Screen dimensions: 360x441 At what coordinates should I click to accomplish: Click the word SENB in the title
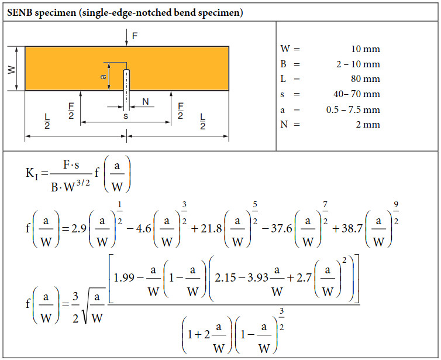pos(22,12)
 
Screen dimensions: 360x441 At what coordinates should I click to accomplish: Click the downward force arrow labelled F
pos(127,37)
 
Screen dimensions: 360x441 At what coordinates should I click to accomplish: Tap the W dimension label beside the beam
pos(11,69)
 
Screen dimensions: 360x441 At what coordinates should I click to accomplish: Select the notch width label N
pos(145,102)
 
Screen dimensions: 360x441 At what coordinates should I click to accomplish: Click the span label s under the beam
pos(126,116)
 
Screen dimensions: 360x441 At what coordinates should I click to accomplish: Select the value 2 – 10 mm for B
pos(357,64)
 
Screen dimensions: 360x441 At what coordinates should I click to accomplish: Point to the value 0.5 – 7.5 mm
pos(353,109)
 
